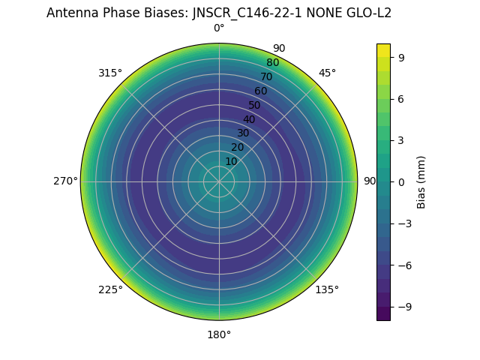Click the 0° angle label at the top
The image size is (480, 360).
click(219, 28)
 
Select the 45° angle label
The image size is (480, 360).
click(327, 73)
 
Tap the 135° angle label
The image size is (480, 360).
click(327, 289)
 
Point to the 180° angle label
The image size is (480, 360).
click(219, 334)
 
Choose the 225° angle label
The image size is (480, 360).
click(110, 289)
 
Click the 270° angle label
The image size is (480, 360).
click(65, 181)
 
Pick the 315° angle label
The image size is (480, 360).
click(110, 73)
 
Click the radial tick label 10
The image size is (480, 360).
click(231, 161)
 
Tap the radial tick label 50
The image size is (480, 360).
click(254, 105)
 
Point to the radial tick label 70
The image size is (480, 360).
click(266, 76)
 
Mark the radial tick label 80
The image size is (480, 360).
click(272, 63)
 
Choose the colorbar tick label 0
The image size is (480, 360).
click(401, 181)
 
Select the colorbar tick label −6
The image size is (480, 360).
click(404, 265)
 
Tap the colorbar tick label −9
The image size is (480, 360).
click(404, 307)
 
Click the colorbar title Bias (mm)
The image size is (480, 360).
click(421, 181)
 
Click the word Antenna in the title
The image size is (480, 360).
click(69, 13)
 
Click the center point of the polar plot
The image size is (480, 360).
click(219, 181)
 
